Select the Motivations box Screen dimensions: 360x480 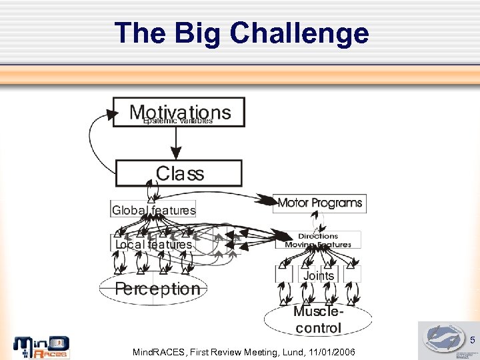(179, 112)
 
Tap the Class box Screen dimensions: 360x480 (179, 173)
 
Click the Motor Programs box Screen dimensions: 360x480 (319, 203)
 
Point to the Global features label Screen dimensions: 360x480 (153, 210)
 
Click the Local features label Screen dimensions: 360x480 (153, 245)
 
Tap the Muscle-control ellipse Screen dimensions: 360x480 (318, 320)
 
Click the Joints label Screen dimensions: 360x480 (319, 275)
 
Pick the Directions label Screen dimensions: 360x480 (318, 236)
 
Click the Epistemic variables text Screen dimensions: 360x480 (178, 121)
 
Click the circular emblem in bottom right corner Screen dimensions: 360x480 (443, 338)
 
